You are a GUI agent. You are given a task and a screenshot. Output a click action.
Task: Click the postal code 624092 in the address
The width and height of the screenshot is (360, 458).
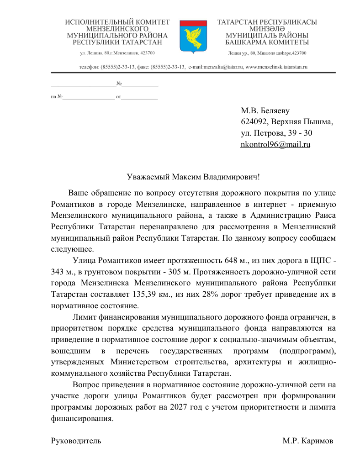[x=254, y=122]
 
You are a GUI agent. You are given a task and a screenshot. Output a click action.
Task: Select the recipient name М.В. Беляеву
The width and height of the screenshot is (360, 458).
[x=265, y=111]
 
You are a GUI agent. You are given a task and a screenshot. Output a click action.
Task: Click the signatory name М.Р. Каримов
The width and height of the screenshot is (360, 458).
[x=307, y=441]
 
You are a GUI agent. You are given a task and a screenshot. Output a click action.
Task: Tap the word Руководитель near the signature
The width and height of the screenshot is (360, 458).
[x=75, y=441]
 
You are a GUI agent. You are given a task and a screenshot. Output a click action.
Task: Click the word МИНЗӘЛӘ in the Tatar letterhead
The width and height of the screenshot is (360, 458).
[x=267, y=28]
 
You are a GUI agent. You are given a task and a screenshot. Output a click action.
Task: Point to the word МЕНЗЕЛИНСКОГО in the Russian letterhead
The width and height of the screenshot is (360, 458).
[x=117, y=28]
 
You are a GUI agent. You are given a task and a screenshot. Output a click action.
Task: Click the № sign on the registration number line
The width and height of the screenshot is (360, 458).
[x=119, y=84]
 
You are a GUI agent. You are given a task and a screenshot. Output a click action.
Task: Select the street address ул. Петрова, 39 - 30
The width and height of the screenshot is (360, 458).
[x=276, y=133]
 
